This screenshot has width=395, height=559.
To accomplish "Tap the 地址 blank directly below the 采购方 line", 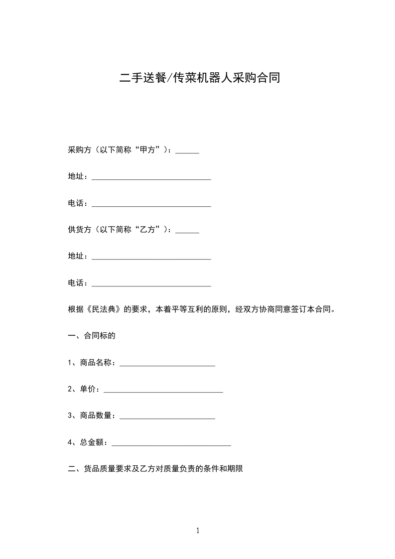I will [x=151, y=177].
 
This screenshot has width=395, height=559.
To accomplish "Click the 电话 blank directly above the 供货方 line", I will [x=151, y=204].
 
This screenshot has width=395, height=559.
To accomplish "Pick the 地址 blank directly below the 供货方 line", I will [x=151, y=257].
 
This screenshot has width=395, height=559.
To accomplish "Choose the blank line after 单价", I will [x=163, y=390].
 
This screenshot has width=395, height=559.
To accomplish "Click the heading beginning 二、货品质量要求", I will [x=155, y=469].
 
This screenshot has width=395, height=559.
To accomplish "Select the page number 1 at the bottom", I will [x=198, y=531].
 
